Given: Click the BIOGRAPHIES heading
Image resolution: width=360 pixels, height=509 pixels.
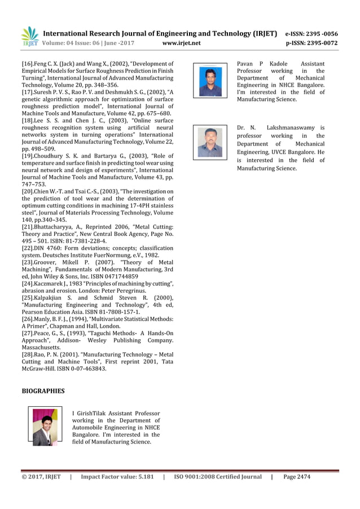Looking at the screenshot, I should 43,390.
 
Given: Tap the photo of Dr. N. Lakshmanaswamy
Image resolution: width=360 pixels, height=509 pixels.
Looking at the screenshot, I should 210,142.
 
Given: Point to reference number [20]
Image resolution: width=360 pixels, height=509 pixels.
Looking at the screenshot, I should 29,192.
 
